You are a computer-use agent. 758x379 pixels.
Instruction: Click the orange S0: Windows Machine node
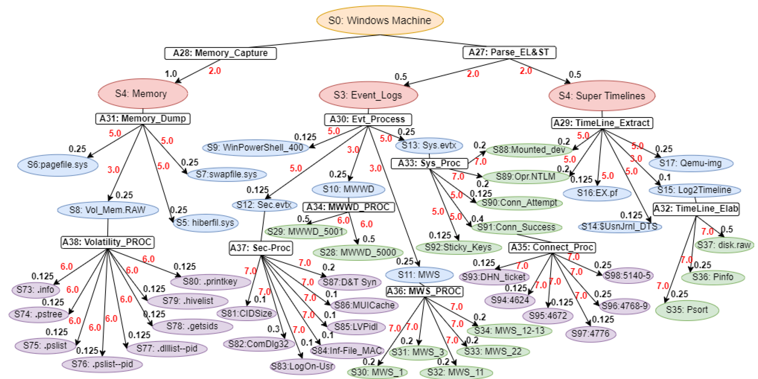click(x=379, y=20)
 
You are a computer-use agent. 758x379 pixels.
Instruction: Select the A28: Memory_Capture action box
click(x=220, y=53)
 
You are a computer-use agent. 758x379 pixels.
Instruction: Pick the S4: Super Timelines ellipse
click(x=602, y=96)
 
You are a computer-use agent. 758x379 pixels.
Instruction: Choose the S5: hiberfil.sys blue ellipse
click(x=206, y=223)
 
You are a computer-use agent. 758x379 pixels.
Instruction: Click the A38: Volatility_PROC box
click(x=107, y=242)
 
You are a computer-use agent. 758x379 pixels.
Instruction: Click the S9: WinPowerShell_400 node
click(x=255, y=147)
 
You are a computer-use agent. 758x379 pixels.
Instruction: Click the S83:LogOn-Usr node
click(x=302, y=366)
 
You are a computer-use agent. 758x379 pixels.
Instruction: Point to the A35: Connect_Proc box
click(x=552, y=247)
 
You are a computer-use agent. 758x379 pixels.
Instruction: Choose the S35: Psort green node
click(x=687, y=310)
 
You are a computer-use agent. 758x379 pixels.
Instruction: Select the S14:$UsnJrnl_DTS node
click(x=619, y=226)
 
